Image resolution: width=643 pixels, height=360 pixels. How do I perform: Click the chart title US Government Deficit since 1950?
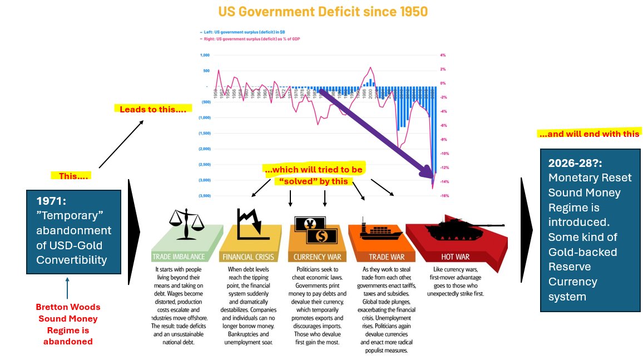click(x=323, y=11)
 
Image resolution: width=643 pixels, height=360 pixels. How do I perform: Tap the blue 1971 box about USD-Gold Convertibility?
click(x=73, y=232)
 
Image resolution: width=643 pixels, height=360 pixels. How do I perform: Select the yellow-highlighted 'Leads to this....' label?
click(x=153, y=109)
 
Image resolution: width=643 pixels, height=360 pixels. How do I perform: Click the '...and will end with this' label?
click(x=590, y=134)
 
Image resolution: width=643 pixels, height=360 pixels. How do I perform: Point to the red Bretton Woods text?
click(x=67, y=324)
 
